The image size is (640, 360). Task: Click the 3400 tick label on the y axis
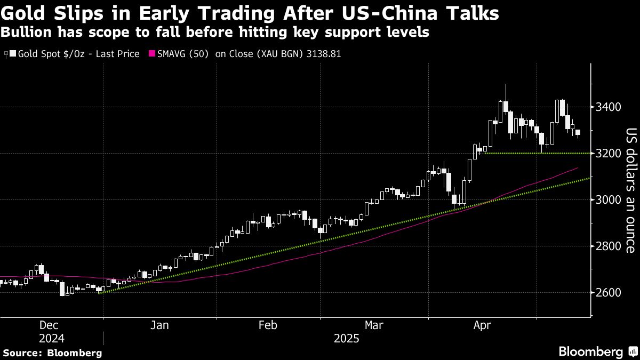(x=609, y=107)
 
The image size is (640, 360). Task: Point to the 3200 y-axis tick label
(x=609, y=154)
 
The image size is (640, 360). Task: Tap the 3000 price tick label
(x=609, y=200)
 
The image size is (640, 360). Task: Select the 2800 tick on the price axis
(x=609, y=246)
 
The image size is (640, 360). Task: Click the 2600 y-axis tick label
(x=609, y=293)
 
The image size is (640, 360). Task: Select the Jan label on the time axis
(x=159, y=325)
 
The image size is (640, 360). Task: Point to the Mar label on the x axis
(x=372, y=325)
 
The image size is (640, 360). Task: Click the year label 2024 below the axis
(x=52, y=339)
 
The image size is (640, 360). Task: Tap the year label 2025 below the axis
(x=347, y=339)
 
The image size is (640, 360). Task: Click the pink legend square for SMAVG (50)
(x=152, y=54)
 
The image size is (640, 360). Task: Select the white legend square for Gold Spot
(x=13, y=54)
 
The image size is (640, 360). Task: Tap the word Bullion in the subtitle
(x=27, y=32)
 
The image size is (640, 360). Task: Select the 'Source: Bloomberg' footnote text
(x=52, y=353)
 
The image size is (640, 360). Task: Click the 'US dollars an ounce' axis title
(x=630, y=190)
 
